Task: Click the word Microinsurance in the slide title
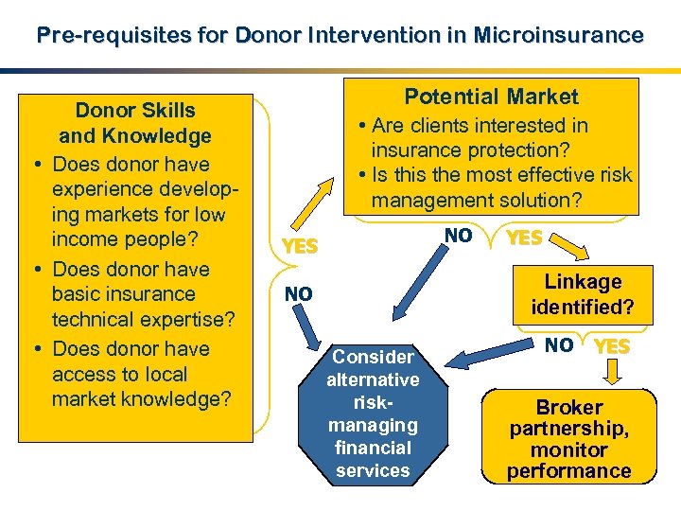pos(559,36)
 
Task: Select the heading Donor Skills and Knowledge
pos(134,123)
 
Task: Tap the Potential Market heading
pos(491,97)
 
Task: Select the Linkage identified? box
pos(582,294)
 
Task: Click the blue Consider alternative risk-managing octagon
pos(373,413)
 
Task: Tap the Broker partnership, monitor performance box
pos(568,438)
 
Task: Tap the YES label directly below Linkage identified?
pos(613,346)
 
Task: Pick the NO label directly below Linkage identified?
pos(559,345)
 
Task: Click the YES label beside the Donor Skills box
pos(299,247)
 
